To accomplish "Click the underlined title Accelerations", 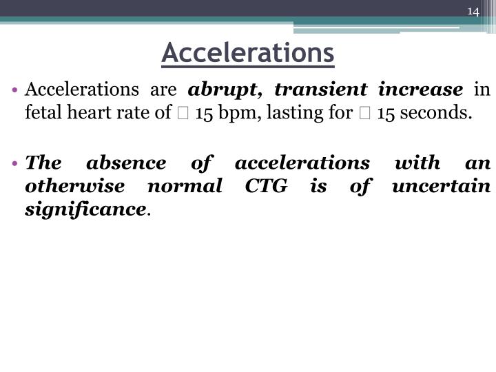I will click(248, 52).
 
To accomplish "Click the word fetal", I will click(40, 112).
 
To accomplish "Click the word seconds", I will click(440, 112).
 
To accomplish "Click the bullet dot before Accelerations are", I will click(17, 90).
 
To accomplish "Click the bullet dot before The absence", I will click(17, 164).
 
